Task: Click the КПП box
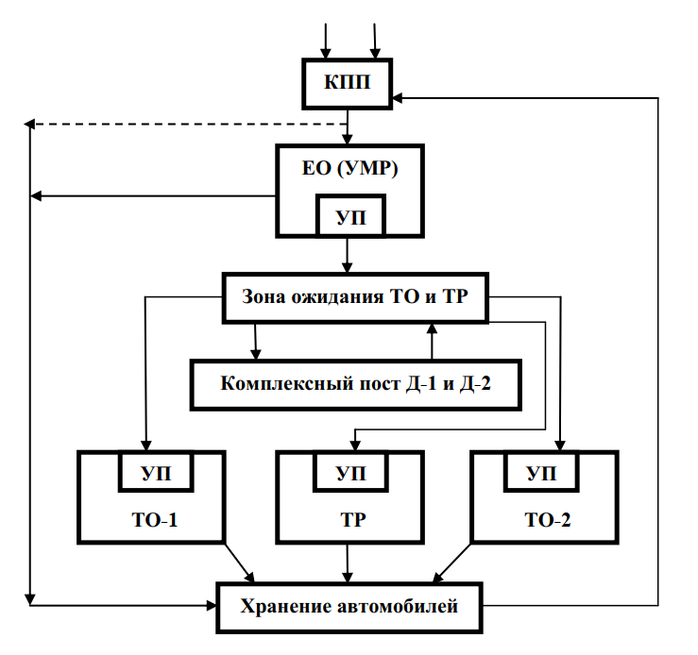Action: [x=348, y=83]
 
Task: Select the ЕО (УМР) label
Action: [x=348, y=170]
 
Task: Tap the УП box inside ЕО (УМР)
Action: [x=348, y=216]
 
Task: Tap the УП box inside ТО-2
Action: [x=544, y=471]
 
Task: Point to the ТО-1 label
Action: [x=152, y=520]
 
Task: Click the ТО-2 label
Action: [x=545, y=520]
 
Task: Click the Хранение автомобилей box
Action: [x=349, y=606]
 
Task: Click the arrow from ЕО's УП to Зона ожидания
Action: [x=348, y=253]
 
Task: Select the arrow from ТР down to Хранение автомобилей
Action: [x=348, y=563]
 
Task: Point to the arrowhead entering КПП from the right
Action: [x=400, y=96]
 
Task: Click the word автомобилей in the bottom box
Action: [x=399, y=606]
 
